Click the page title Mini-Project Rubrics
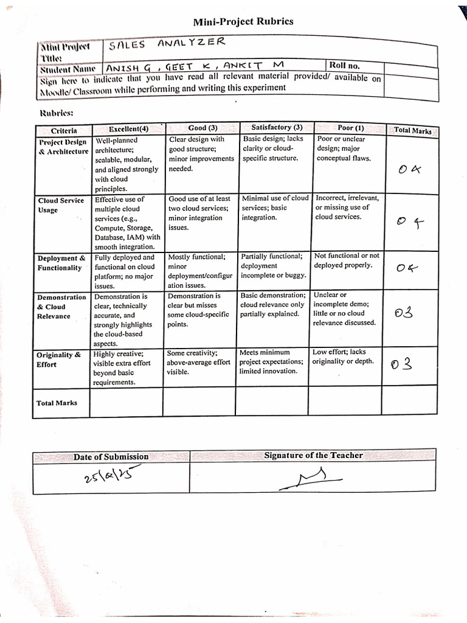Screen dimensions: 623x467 pyautogui.click(x=243, y=22)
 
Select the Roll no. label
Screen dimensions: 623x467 pyautogui.click(x=344, y=65)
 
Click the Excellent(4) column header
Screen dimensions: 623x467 pyautogui.click(x=128, y=129)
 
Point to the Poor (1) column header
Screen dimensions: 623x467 pyautogui.click(x=351, y=128)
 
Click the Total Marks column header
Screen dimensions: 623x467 pyautogui.click(x=413, y=130)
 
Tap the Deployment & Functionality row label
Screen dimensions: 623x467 pyautogui.click(x=61, y=263)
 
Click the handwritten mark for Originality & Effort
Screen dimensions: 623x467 pyautogui.click(x=403, y=364)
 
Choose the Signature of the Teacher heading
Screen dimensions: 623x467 pyautogui.click(x=313, y=455)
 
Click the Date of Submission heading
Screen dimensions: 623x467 pyautogui.click(x=111, y=456)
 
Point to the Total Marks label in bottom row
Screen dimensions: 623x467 pyautogui.click(x=57, y=403)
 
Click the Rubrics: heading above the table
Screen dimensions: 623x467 pyautogui.click(x=56, y=113)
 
